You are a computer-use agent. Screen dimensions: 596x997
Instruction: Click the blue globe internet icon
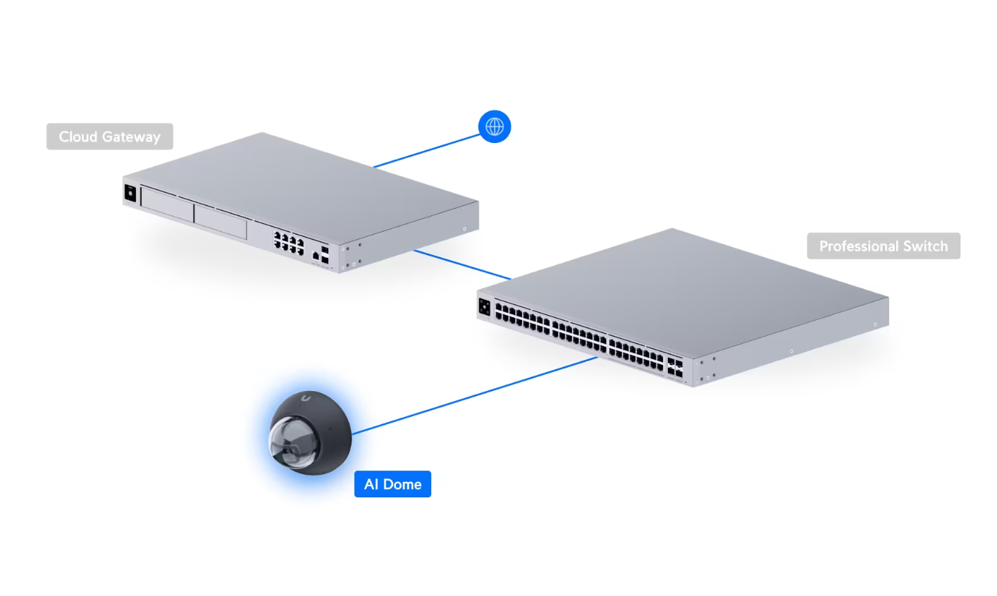(x=495, y=127)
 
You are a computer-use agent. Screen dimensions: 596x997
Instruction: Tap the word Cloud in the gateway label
(x=78, y=137)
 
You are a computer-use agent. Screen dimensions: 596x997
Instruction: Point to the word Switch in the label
(x=926, y=247)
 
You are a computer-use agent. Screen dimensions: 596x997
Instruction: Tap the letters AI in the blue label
(x=371, y=485)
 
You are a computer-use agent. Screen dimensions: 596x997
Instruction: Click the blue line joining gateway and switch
(x=462, y=264)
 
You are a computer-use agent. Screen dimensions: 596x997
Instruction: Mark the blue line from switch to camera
(x=472, y=395)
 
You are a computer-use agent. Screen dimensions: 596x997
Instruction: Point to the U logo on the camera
(x=305, y=399)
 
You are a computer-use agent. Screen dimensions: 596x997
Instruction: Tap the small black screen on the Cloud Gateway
(x=130, y=193)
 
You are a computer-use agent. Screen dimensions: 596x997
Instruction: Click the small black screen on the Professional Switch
(x=485, y=306)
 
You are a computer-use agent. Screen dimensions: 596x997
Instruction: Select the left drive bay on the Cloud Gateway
(x=167, y=208)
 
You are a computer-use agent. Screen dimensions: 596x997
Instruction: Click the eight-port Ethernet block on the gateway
(x=289, y=242)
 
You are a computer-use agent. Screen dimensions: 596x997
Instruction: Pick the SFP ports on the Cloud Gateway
(x=325, y=255)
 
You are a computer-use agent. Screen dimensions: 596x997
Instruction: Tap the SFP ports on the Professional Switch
(x=675, y=367)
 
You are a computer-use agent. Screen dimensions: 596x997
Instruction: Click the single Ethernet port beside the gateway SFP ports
(x=315, y=256)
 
